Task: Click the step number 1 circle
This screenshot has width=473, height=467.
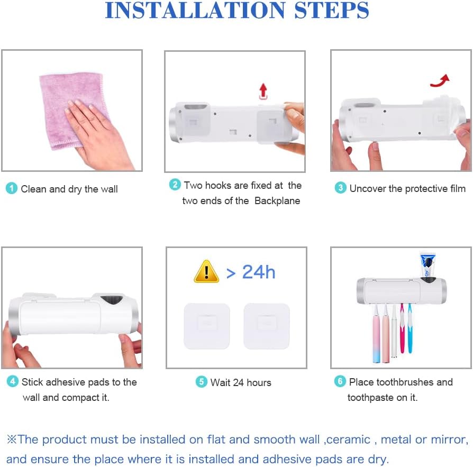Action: click(12, 188)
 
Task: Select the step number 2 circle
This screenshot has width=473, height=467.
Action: click(175, 185)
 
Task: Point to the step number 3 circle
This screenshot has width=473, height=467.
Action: click(341, 188)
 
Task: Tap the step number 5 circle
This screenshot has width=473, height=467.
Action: click(202, 382)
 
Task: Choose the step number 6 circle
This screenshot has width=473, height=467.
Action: click(340, 381)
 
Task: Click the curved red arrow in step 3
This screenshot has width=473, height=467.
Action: click(440, 81)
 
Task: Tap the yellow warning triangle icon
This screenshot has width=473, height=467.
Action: click(206, 272)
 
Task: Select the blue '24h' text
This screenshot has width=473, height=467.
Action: click(259, 272)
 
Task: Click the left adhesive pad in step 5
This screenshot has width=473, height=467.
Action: click(207, 326)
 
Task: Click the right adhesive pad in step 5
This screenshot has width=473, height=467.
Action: click(267, 326)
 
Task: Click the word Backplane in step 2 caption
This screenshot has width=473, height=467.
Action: click(277, 201)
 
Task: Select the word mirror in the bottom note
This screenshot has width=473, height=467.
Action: click(448, 439)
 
